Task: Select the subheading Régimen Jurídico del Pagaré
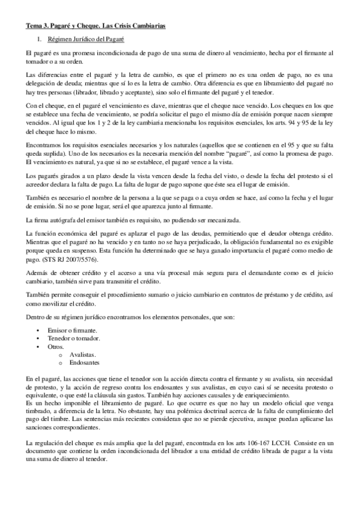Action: point(84,39)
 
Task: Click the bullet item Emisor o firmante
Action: point(68,331)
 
